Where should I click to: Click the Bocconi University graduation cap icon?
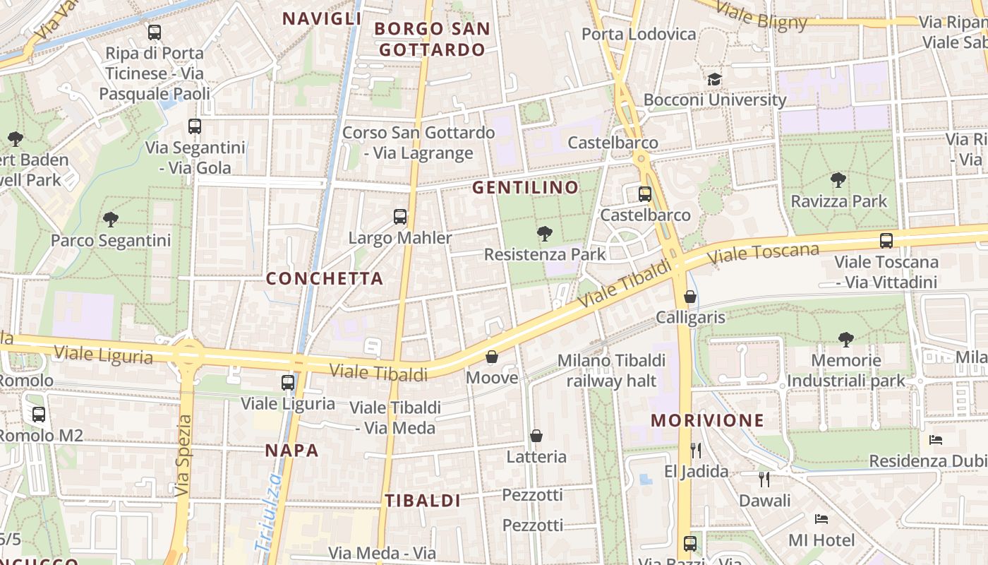[715, 79]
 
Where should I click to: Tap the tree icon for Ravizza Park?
[838, 180]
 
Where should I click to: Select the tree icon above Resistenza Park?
[544, 233]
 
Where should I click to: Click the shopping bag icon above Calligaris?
[690, 297]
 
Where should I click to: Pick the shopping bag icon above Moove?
[492, 357]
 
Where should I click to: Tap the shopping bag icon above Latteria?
[536, 436]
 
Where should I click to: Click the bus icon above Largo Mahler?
[400, 216]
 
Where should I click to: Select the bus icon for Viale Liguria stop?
[288, 383]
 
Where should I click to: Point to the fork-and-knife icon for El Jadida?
[696, 450]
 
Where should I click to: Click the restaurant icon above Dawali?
[764, 480]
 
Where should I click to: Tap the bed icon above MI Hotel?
[821, 519]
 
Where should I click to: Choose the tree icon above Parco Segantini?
[110, 219]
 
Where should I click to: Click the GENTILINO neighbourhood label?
[525, 188]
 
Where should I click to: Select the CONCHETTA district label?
[325, 278]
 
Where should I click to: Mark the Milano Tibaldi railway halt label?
[607, 371]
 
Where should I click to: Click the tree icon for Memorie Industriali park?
[845, 340]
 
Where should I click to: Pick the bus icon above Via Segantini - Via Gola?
[195, 126]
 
